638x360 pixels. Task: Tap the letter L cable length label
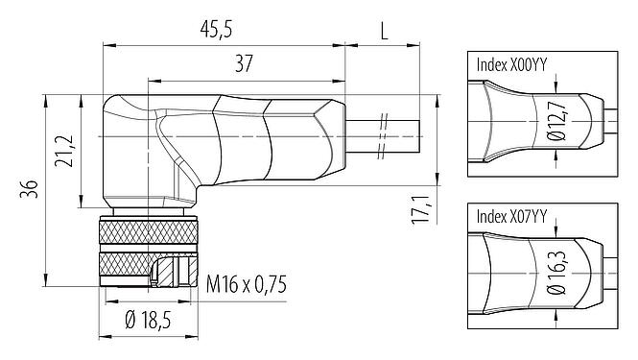click(x=384, y=31)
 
